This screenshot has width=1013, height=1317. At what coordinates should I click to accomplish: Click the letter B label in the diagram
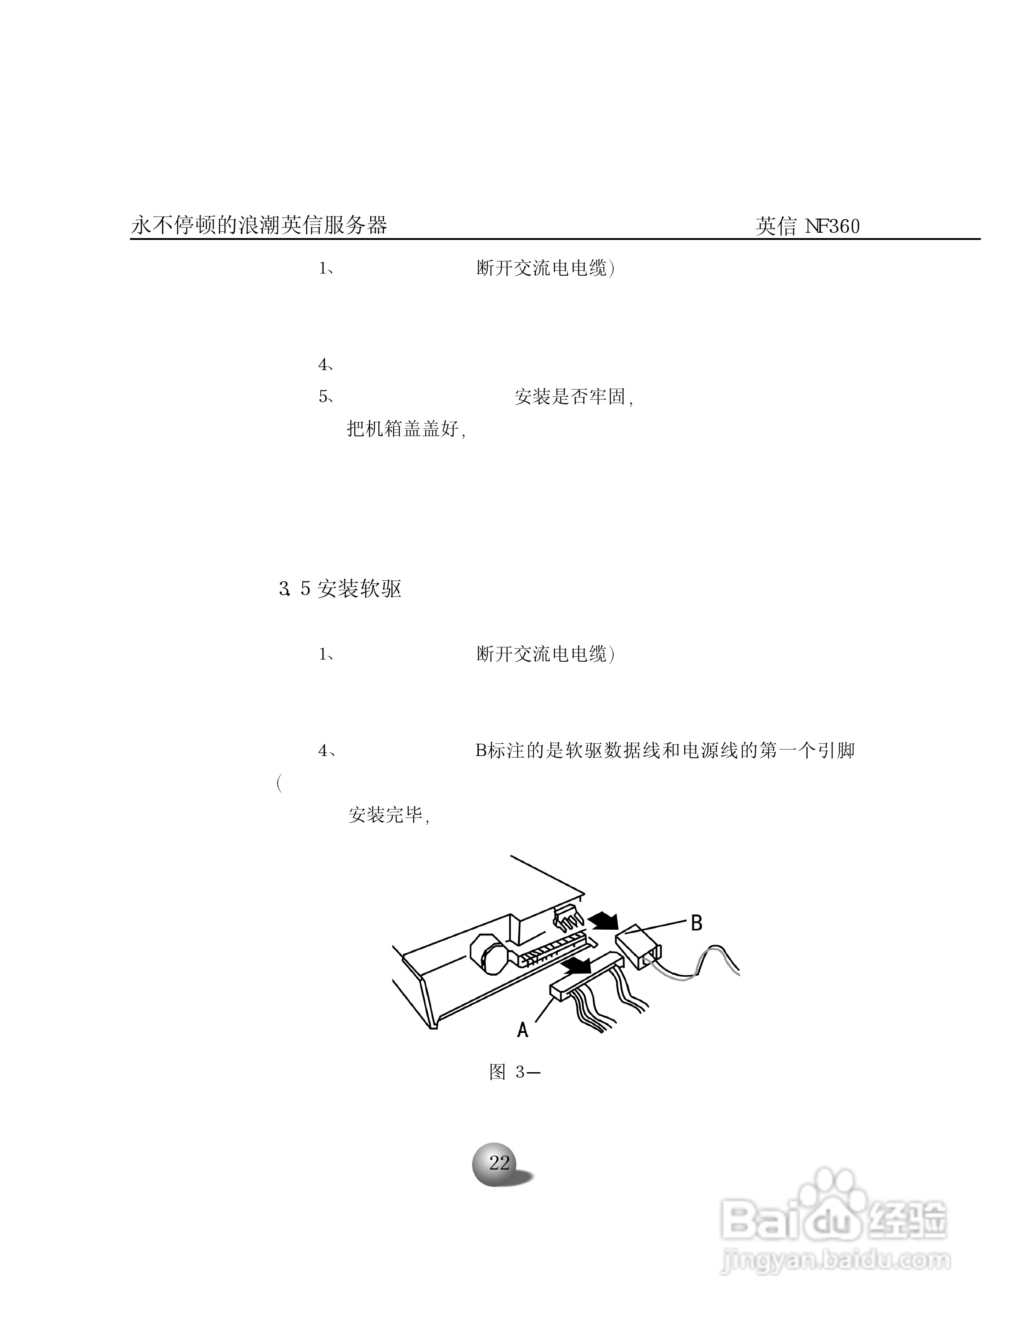click(696, 923)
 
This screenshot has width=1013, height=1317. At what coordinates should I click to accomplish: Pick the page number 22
click(499, 1163)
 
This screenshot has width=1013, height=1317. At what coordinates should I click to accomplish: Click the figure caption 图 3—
click(515, 1072)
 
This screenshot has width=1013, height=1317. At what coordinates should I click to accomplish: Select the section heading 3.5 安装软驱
click(340, 588)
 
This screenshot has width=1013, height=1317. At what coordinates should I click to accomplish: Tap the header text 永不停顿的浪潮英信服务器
click(259, 226)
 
